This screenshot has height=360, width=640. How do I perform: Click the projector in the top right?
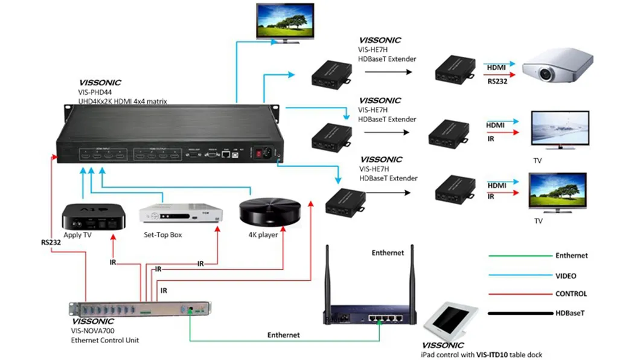click(x=557, y=66)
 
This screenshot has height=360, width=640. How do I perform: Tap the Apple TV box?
click(x=94, y=217)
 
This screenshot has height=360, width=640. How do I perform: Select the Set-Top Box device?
click(x=181, y=214)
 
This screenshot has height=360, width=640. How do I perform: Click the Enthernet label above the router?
click(x=388, y=252)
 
